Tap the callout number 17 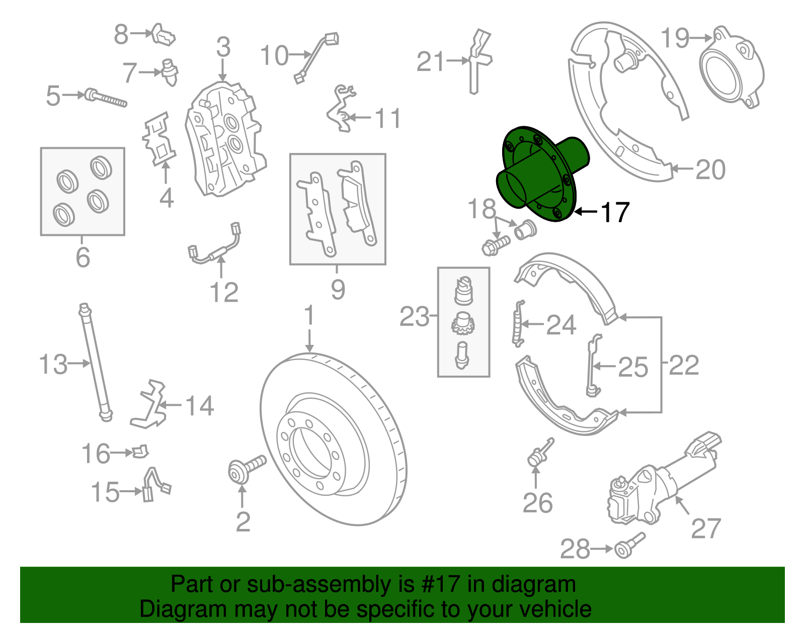tap(615, 212)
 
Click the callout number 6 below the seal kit tap(83, 257)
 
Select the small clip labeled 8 tap(164, 35)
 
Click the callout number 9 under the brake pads tap(338, 290)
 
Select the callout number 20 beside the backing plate tap(710, 170)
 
